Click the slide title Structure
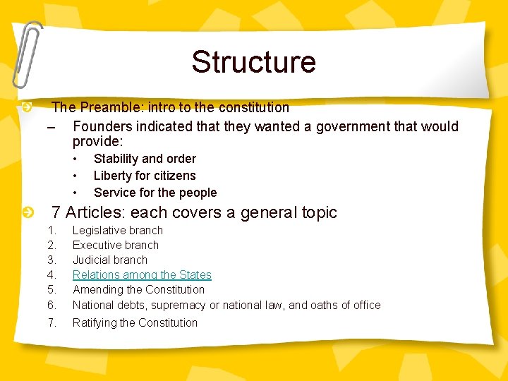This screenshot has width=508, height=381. click(253, 62)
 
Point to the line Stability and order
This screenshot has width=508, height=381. click(145, 159)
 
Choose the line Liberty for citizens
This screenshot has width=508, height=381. click(145, 176)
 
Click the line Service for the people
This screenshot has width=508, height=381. click(155, 193)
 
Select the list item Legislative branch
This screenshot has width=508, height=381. click(118, 230)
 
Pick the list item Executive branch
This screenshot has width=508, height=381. click(116, 245)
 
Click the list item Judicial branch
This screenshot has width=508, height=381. click(110, 260)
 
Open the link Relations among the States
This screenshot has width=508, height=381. click(142, 274)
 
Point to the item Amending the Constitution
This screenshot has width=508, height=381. click(138, 289)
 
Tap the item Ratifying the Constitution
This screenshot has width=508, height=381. click(135, 322)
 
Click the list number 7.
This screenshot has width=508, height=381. click(52, 322)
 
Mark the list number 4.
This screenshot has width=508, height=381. click(52, 274)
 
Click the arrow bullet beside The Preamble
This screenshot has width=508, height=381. click(26, 107)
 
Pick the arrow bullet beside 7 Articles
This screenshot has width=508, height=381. click(26, 212)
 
